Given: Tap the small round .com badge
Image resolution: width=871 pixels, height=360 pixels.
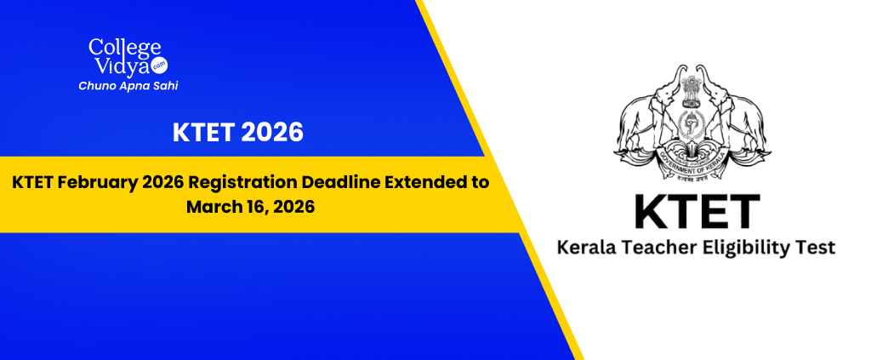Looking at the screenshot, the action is click(161, 66).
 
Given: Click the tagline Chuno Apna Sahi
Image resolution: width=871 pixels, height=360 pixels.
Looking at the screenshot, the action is click(128, 86).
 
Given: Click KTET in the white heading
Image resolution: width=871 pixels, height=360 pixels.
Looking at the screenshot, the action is click(203, 133).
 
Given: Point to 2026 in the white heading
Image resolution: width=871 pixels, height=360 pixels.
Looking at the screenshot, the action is click(272, 133).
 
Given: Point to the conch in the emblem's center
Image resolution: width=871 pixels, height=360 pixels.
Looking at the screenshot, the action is click(692, 125).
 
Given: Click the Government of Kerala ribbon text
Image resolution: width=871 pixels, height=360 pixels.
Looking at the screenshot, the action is click(692, 165).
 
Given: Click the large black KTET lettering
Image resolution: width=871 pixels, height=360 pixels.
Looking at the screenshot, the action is click(697, 212).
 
